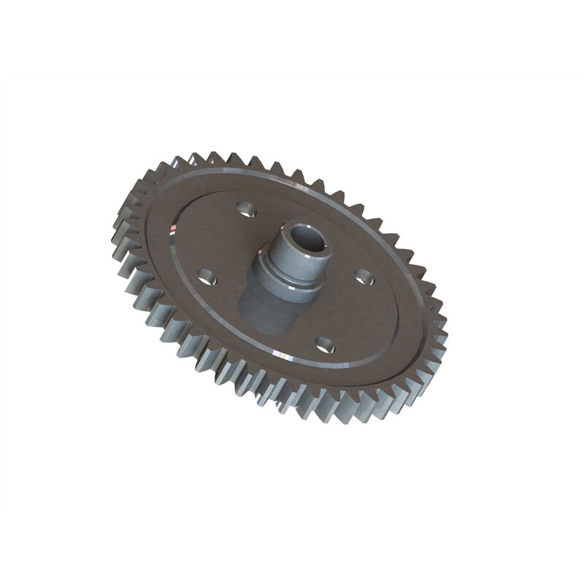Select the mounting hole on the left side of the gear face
pyautogui.click(x=207, y=277)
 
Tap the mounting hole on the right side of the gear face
pyautogui.click(x=364, y=277)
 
